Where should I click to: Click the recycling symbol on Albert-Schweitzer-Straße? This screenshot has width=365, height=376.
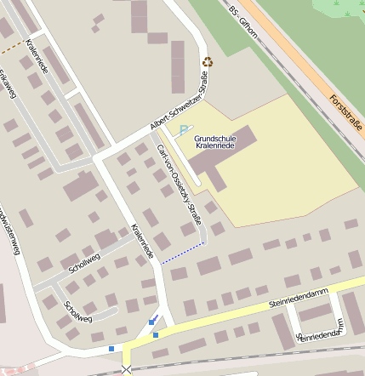pos(208,62)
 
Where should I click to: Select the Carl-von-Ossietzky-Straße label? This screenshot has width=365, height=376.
pos(180,183)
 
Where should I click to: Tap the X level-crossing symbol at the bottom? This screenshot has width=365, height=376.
pos(127,369)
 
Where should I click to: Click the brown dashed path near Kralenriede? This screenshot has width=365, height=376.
pos(11,47)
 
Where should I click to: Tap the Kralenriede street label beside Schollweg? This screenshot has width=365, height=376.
pos(142,241)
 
